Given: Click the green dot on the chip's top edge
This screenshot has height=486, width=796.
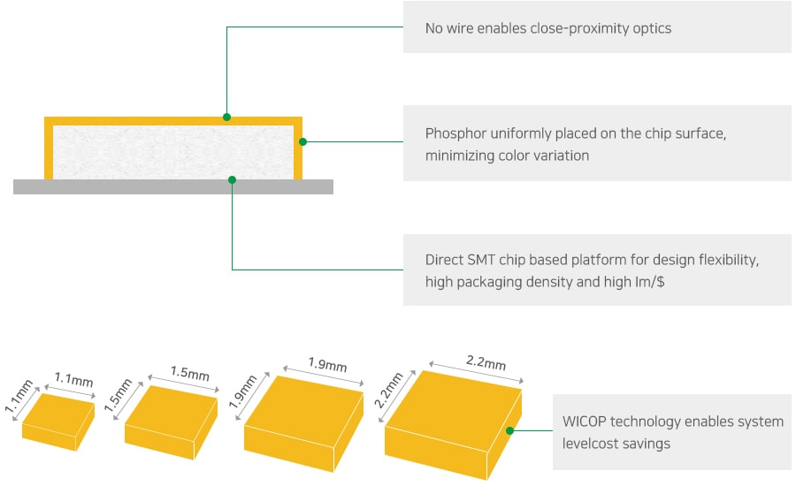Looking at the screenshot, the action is (x=227, y=118).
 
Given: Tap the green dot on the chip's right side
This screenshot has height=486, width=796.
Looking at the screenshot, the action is (x=302, y=141).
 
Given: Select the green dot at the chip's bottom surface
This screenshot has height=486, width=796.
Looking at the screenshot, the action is (x=232, y=179).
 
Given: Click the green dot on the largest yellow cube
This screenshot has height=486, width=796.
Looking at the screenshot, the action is (x=509, y=430).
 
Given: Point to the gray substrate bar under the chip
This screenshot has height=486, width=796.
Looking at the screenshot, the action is (x=173, y=186).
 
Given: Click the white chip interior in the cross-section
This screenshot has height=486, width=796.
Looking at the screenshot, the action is (x=173, y=152).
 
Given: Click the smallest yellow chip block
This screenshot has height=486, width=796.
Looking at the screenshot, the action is (x=58, y=421).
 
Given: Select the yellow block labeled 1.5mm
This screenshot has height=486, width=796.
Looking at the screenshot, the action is (x=171, y=422).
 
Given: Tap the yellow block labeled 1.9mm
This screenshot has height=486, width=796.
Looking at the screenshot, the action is (x=303, y=423).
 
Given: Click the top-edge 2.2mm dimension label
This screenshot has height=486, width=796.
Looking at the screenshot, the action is (x=486, y=362).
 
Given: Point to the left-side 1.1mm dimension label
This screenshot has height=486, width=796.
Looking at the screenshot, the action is (x=19, y=396).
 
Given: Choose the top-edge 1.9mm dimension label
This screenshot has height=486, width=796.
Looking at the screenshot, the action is (x=327, y=364).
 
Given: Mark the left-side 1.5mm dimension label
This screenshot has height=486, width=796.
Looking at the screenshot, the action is (x=119, y=395).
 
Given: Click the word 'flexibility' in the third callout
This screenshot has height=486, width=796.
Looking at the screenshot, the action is (x=729, y=260).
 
